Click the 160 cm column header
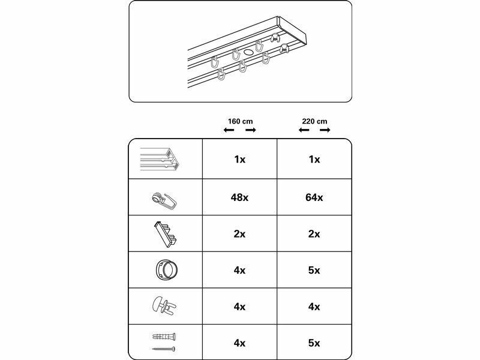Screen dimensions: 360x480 tap(239, 121)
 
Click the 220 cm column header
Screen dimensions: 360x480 tap(314, 121)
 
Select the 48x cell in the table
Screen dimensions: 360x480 tap(239, 197)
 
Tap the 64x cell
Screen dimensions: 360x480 tap(314, 197)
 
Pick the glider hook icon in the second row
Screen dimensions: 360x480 tap(164, 199)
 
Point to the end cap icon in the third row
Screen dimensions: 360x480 tap(164, 233)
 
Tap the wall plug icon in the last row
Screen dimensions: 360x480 tap(164, 337)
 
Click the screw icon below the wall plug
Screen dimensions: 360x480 tap(163, 349)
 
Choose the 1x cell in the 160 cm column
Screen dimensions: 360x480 tap(239, 160)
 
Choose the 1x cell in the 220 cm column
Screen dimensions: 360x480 tap(314, 160)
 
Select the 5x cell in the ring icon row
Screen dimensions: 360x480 tap(314, 270)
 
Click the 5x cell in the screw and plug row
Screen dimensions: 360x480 tap(314, 343)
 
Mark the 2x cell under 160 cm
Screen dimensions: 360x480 tap(239, 234)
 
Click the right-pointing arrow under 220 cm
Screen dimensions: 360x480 tap(325, 130)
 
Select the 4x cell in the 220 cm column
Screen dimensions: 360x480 tap(314, 307)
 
